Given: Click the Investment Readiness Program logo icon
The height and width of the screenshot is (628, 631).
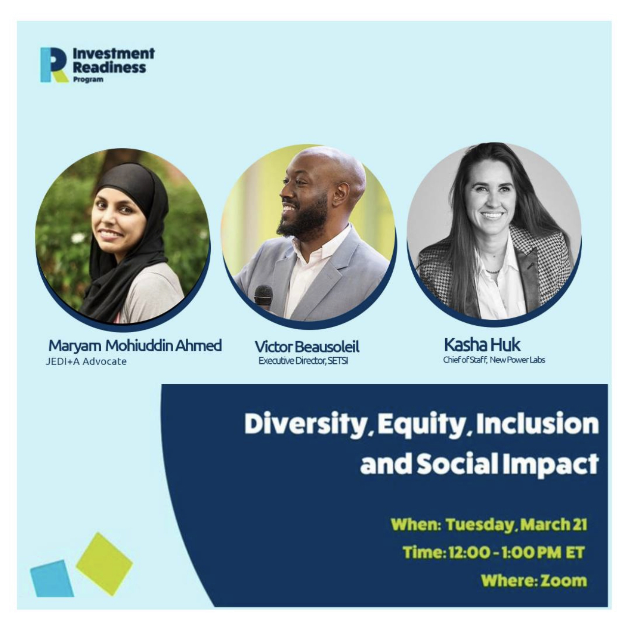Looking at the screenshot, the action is pyautogui.click(x=55, y=64).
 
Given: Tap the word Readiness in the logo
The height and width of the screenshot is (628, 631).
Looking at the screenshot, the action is pyautogui.click(x=110, y=67).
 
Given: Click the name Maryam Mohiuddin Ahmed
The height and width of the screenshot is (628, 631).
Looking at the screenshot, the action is pyautogui.click(x=135, y=346).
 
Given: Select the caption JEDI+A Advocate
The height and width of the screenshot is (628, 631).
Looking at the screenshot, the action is pyautogui.click(x=86, y=362).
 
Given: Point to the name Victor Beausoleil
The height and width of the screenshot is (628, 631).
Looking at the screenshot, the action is pyautogui.click(x=307, y=347).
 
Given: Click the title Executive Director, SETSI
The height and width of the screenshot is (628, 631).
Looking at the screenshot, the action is pyautogui.click(x=303, y=361).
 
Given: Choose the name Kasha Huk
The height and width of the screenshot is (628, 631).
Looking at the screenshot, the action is pyautogui.click(x=482, y=344).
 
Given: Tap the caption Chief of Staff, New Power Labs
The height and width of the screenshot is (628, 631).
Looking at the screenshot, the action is pyautogui.click(x=494, y=360).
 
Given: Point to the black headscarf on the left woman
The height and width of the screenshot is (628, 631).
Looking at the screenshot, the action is pyautogui.click(x=131, y=236).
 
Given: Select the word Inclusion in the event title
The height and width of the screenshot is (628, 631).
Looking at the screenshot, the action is pyautogui.click(x=537, y=424).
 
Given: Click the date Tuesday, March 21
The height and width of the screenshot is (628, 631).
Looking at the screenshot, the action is pyautogui.click(x=516, y=525).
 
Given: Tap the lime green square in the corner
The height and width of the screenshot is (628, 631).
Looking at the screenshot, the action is pyautogui.click(x=104, y=559).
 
